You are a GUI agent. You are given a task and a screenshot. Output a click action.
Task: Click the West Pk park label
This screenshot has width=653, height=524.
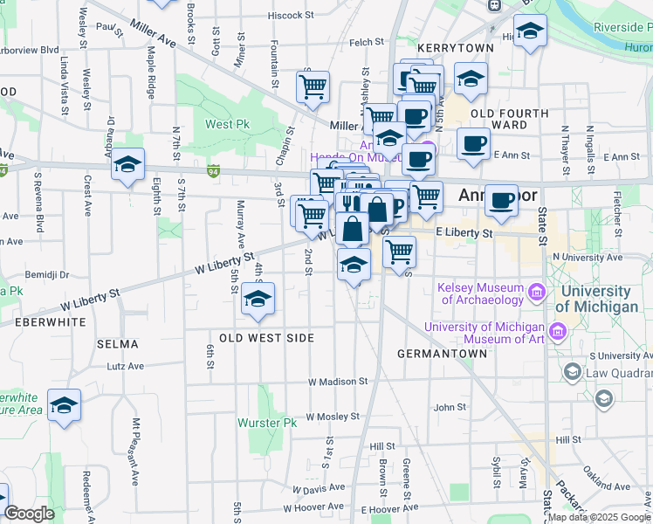pos(227,125)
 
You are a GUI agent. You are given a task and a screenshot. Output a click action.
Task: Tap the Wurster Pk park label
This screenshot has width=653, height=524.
pos(268,423)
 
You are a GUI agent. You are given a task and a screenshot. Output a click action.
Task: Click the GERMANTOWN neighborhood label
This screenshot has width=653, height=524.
pos(442,354)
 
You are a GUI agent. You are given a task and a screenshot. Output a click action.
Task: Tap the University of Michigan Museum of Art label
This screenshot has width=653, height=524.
pos(484,333)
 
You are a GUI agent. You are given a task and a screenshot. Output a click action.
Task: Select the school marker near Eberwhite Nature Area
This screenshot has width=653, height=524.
pos(64,405)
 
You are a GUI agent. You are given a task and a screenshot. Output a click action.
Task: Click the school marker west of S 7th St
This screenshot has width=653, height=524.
pos(128,165)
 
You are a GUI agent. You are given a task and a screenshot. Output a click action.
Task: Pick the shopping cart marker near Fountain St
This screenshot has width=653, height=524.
pos(312,87)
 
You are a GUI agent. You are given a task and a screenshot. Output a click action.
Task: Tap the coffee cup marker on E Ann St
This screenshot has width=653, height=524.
pos(474,144)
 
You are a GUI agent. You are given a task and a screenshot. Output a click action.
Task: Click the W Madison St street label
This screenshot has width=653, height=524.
pos(338,382)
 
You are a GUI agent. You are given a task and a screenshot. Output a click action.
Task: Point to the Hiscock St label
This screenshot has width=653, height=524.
pos(291,16)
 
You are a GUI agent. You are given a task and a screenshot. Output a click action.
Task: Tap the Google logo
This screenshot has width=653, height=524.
pos(30,514)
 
